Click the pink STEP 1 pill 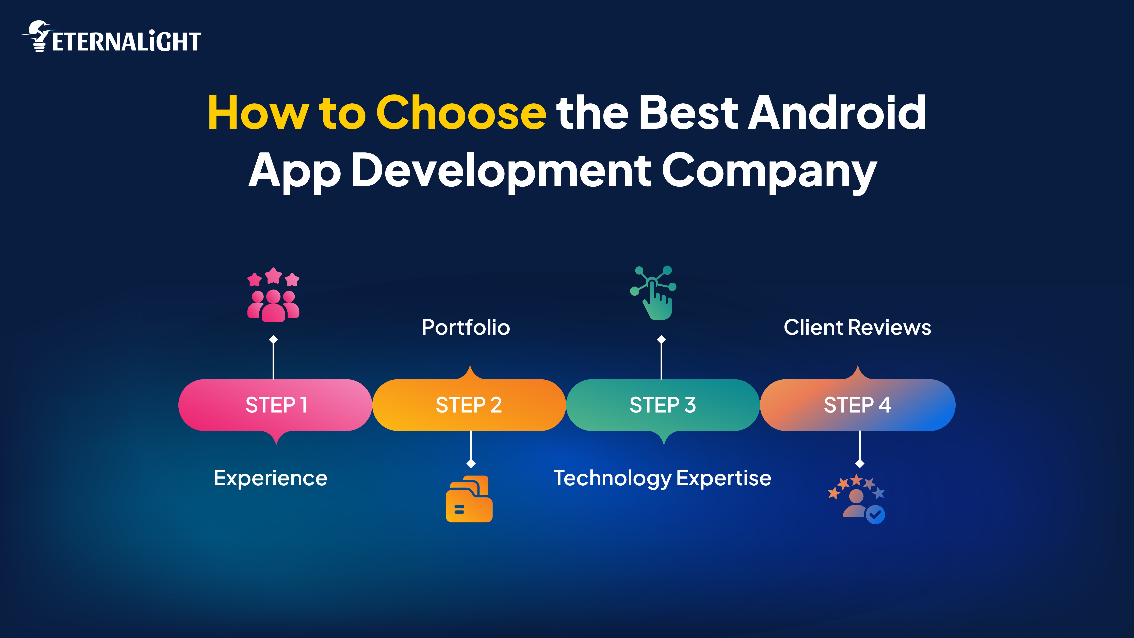[275, 405]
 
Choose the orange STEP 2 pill [469, 405]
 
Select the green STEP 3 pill [663, 405]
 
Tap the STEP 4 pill [858, 405]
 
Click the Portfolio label [466, 327]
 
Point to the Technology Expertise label [662, 478]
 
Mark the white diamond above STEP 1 [273, 339]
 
